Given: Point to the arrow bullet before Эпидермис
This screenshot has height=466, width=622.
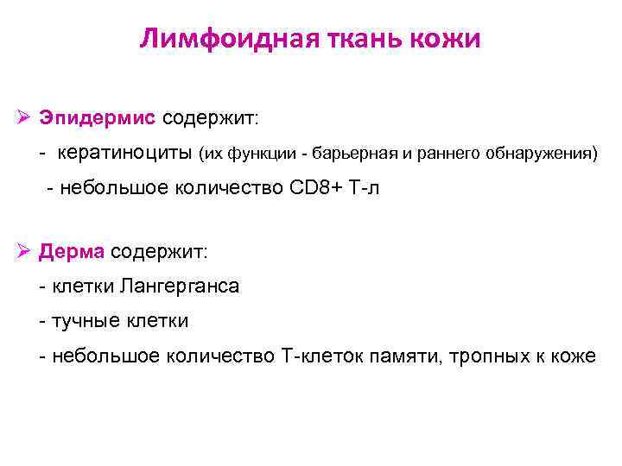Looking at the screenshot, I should [x=25, y=116].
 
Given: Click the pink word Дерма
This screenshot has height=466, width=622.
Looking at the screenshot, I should [x=72, y=251].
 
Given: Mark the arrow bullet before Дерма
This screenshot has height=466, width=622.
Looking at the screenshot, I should [x=25, y=251].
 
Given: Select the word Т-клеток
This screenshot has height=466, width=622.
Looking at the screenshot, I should [x=315, y=356].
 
